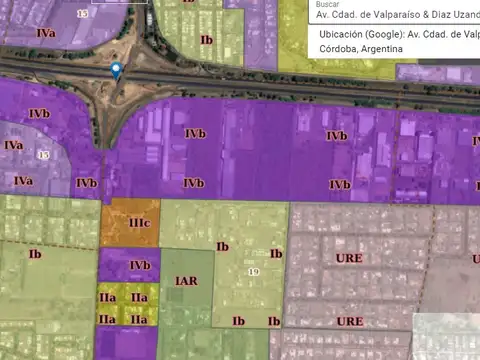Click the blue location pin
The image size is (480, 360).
click(x=116, y=70)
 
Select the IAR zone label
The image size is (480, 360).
click(x=186, y=281)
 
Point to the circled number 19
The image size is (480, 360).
click(x=253, y=272)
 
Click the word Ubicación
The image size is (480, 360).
click(x=342, y=34)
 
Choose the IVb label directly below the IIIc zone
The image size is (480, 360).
click(x=140, y=264)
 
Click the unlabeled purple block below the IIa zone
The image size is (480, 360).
click(x=127, y=342)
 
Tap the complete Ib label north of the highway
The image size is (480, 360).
click(x=207, y=40)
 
